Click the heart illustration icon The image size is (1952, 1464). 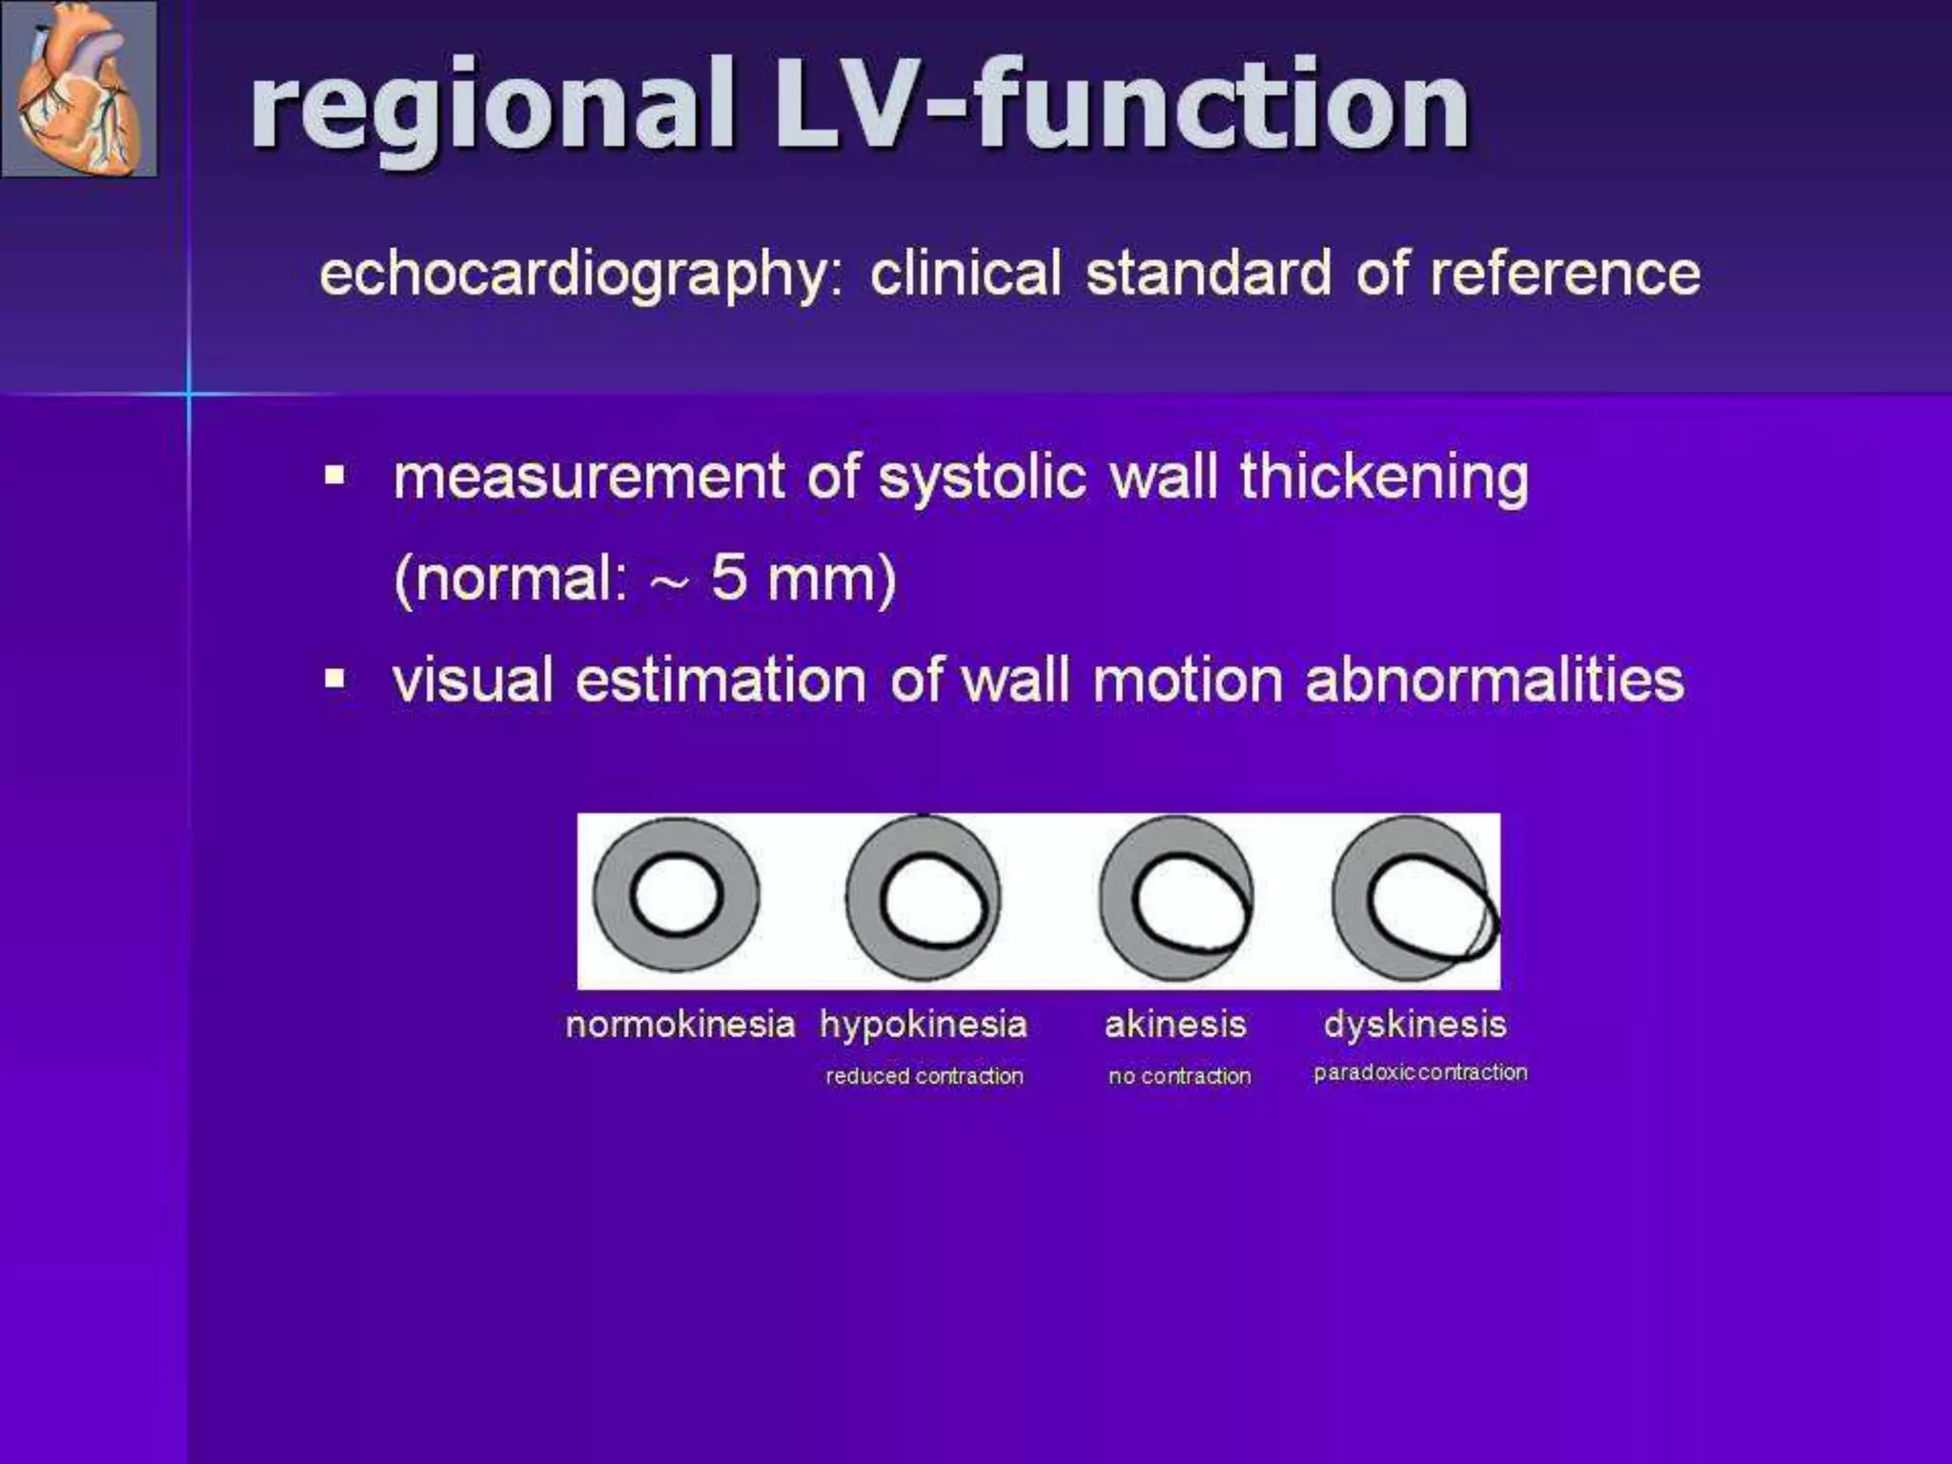(x=79, y=90)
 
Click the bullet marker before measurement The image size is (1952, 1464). (x=335, y=475)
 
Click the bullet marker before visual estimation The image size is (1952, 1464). (x=335, y=679)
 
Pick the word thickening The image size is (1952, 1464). (x=1384, y=477)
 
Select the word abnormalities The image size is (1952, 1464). (x=1494, y=681)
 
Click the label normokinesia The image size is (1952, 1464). (x=680, y=1025)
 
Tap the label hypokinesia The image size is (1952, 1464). (x=923, y=1025)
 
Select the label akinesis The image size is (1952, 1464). (x=1175, y=1025)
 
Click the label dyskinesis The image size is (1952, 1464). (x=1415, y=1025)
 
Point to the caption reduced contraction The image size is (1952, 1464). (x=924, y=1076)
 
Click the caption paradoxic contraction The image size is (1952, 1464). (x=1420, y=1072)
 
